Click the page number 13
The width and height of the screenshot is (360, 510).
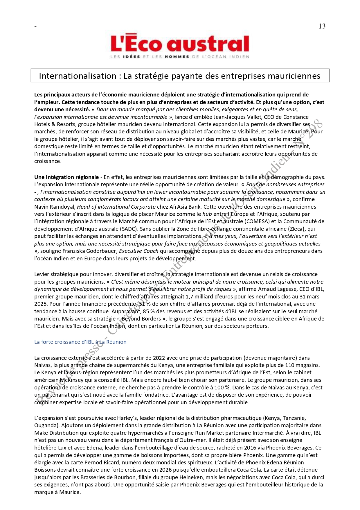[322, 26]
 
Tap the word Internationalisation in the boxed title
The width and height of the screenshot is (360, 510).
[78, 76]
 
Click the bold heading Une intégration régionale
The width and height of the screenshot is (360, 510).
[66, 177]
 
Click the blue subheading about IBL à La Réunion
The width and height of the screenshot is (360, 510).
[80, 342]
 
